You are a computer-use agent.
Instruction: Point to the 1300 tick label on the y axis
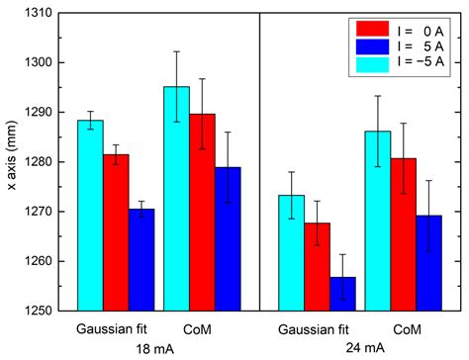[x=43, y=62]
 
